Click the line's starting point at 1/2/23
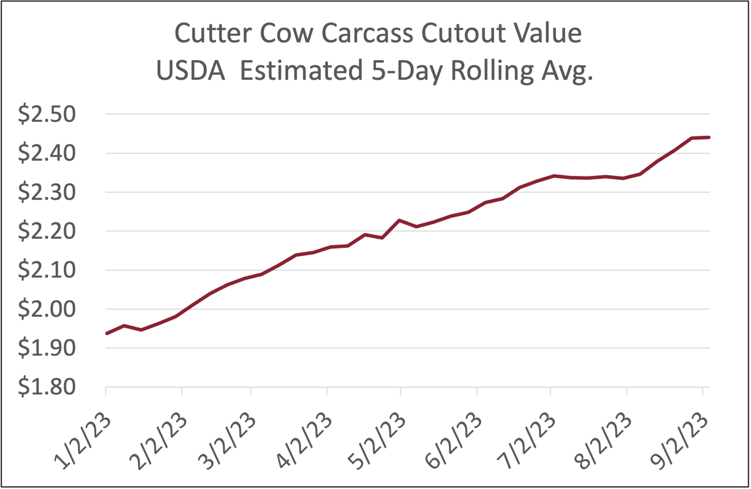(107, 334)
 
